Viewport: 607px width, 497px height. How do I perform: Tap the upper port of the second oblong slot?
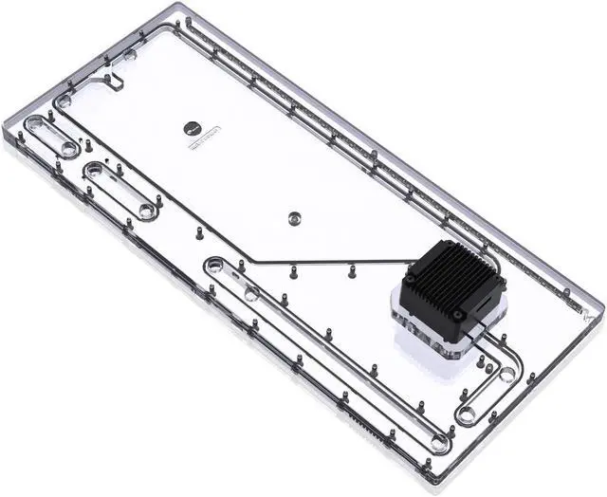[x=94, y=171]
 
